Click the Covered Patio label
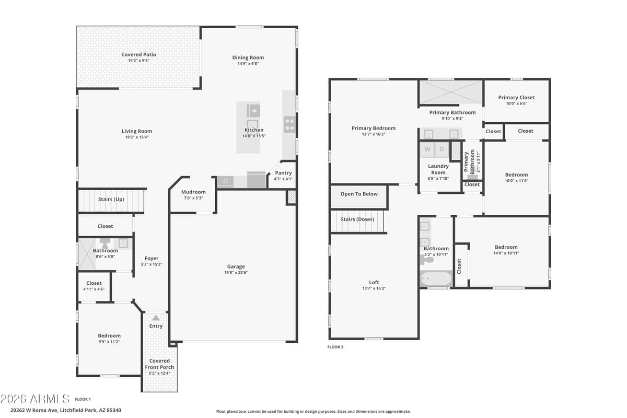pos(138,54)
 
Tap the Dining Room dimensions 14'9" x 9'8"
pos(248,64)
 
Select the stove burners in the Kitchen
pos(289,124)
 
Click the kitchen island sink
pos(253,110)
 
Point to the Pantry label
pos(283,173)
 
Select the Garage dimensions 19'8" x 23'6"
pos(236,273)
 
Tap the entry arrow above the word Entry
pos(156,317)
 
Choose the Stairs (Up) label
pos(111,199)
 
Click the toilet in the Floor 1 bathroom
pos(105,243)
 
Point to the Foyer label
pos(152,258)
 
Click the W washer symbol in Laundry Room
pos(427,149)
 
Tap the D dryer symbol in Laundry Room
pos(442,149)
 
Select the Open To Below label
pos(359,194)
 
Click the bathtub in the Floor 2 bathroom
pos(436,278)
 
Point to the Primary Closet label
pos(516,97)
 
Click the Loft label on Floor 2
pos(374,282)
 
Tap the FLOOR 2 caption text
pos(335,347)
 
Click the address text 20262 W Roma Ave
pos(37,410)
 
